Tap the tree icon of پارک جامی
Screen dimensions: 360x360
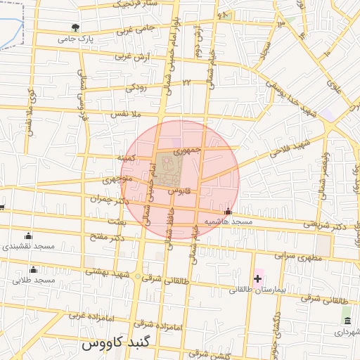75,28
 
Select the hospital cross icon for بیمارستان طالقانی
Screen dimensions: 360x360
258,278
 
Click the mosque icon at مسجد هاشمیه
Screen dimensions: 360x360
227,211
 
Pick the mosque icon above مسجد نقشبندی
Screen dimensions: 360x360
28,236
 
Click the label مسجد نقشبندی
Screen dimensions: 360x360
28,247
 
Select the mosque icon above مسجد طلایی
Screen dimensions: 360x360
33,270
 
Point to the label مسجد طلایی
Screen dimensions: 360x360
33,281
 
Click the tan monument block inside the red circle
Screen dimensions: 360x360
169,168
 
